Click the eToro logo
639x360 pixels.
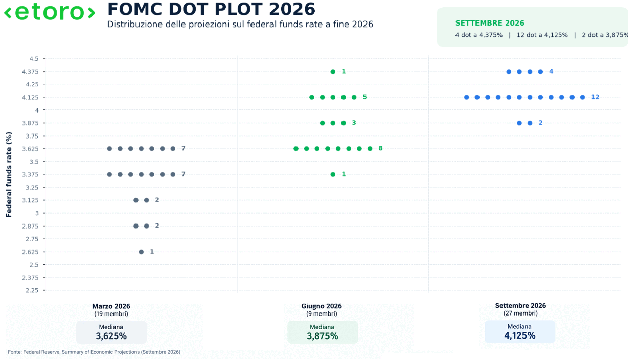tap(50, 12)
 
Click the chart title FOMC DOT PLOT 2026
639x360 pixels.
tap(212, 9)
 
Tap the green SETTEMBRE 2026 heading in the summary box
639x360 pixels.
tap(490, 23)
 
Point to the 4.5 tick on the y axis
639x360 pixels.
tap(34, 59)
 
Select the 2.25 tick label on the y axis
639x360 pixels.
tap(32, 290)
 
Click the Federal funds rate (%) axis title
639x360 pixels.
tap(9, 174)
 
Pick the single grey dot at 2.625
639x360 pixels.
tap(141, 252)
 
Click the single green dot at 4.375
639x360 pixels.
tap(333, 72)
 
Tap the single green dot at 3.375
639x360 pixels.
tap(333, 174)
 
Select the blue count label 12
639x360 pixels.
tap(595, 97)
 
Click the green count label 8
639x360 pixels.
tap(380, 148)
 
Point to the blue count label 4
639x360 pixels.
tap(551, 71)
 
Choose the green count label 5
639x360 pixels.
tap(364, 97)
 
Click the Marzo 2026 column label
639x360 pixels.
tap(111, 306)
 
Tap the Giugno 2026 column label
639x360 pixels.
tap(322, 306)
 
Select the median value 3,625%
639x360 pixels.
tap(111, 336)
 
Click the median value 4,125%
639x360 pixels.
tap(520, 335)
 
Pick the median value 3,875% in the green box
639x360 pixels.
tap(323, 336)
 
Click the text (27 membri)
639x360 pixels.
tap(520, 313)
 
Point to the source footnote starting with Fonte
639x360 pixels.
tap(94, 352)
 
